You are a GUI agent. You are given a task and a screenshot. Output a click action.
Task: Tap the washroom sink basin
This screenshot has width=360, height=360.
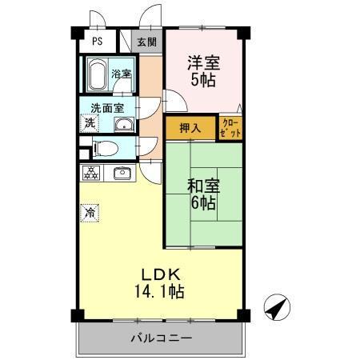[123, 124]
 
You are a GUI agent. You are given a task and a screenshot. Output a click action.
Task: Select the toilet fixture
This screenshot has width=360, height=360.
[104, 147]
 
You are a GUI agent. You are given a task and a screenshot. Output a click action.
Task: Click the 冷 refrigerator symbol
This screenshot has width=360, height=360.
[90, 214]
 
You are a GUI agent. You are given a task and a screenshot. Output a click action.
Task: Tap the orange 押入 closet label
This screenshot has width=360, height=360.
[190, 127]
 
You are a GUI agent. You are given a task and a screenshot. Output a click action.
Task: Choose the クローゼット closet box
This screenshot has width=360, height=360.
[230, 128]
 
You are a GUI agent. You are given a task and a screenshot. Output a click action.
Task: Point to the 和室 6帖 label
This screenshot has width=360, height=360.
[202, 194]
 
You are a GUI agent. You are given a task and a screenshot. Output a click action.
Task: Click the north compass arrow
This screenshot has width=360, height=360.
[276, 307]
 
